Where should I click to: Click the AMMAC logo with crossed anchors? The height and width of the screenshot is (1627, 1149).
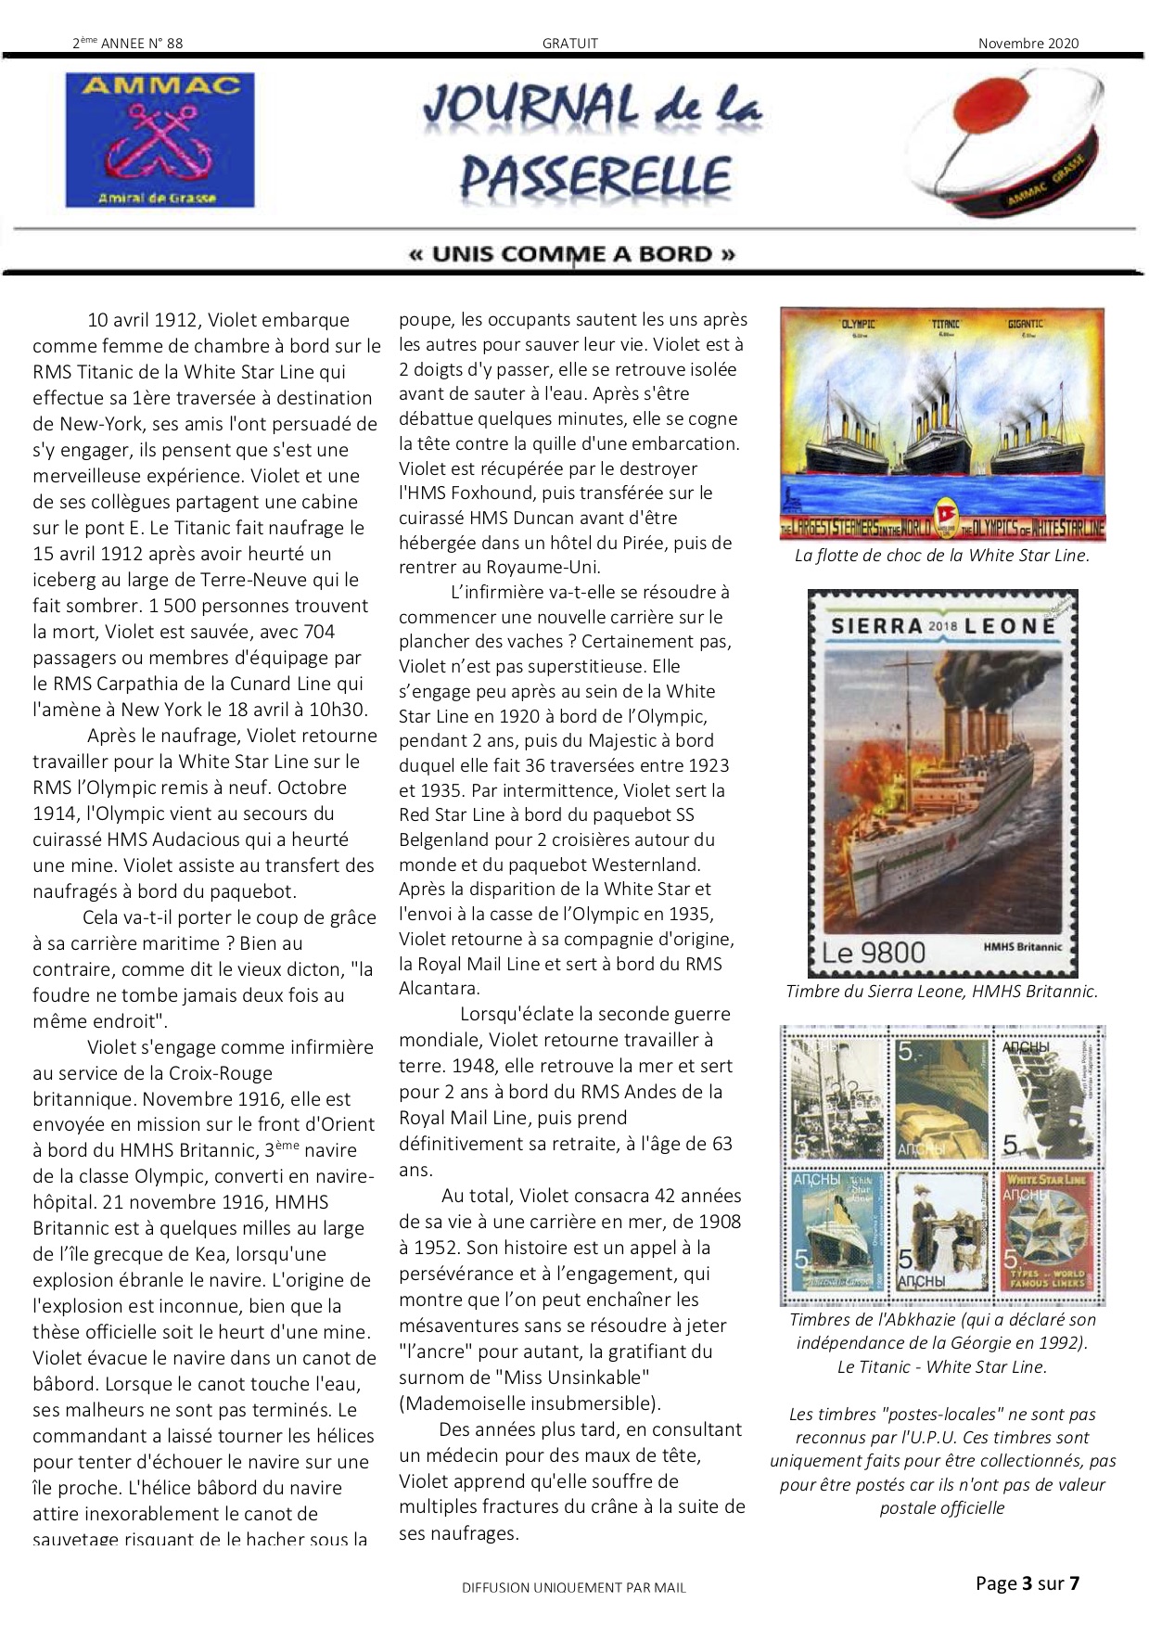(x=160, y=139)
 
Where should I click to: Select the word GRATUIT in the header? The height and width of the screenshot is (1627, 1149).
(x=570, y=43)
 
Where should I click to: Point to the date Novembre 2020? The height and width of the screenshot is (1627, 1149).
(x=1028, y=43)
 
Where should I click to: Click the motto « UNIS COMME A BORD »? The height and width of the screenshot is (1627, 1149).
(x=572, y=254)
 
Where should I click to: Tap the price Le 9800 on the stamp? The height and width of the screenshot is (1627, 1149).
(x=874, y=953)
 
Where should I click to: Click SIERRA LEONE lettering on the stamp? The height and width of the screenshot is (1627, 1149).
(x=942, y=625)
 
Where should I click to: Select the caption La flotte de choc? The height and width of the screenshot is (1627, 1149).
(x=941, y=556)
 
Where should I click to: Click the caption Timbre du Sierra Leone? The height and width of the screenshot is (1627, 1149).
(x=941, y=991)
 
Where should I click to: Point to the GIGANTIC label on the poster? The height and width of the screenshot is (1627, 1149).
(x=1025, y=325)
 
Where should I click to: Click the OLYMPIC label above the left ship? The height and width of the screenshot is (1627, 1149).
(x=858, y=325)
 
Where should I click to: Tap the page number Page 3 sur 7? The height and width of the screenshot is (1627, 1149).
(x=1027, y=1583)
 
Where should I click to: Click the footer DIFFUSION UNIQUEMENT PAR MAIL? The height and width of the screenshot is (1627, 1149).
(x=574, y=1587)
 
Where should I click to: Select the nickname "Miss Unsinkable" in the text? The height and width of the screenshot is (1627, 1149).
(x=570, y=1377)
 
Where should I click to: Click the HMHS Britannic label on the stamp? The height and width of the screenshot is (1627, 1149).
(x=1022, y=946)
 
